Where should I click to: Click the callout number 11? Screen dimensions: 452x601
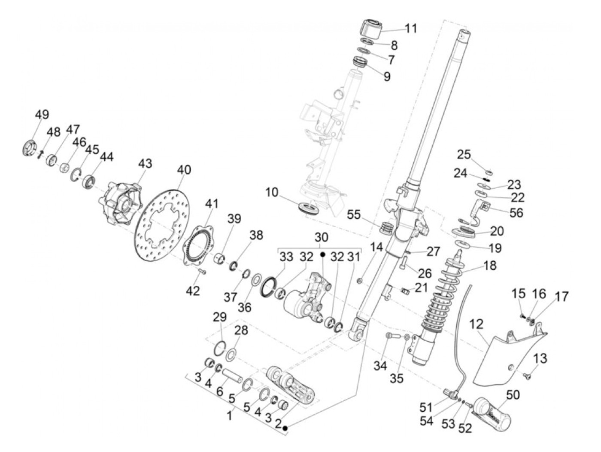(x=411, y=28)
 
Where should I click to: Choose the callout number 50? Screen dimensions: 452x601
(x=513, y=394)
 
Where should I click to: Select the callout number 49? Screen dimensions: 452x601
(x=42, y=115)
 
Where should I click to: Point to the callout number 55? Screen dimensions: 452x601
(x=354, y=214)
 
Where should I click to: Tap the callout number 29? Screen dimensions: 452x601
(x=219, y=318)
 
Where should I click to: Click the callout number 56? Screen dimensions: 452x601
(x=517, y=212)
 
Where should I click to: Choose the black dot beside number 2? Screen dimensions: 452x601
(x=285, y=428)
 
